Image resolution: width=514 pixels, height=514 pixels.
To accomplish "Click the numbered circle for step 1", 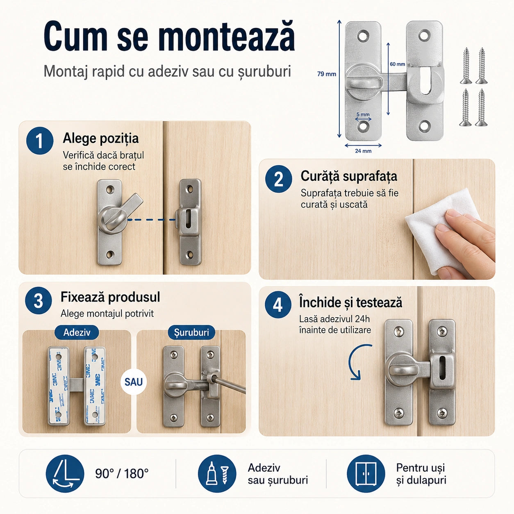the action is click(40, 141).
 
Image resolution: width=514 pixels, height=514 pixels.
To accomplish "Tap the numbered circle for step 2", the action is click(278, 179).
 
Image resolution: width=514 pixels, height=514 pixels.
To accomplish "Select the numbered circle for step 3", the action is click(39, 301).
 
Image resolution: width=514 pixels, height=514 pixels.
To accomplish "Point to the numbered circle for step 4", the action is click(278, 305).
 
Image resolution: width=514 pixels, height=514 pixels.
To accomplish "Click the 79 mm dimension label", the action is click(327, 74).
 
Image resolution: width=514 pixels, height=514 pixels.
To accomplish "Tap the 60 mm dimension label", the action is click(398, 64).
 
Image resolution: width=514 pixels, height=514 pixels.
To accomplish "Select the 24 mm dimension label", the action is click(363, 151).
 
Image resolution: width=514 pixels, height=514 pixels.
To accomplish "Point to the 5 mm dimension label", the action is click(363, 114).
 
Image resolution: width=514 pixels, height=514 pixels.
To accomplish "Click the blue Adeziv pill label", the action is click(77, 332).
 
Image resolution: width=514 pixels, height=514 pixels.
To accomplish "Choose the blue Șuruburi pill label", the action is click(191, 332).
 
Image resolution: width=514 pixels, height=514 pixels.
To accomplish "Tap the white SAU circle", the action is click(134, 382).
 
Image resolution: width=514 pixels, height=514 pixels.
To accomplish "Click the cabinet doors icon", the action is click(366, 473).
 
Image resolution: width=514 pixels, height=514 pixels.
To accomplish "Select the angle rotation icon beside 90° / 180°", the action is click(65, 473).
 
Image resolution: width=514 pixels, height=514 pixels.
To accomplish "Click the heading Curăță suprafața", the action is click(349, 176).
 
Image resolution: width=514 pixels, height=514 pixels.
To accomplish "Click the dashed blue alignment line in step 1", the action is click(151, 220).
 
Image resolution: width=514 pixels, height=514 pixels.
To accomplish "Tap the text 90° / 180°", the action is click(122, 474).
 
